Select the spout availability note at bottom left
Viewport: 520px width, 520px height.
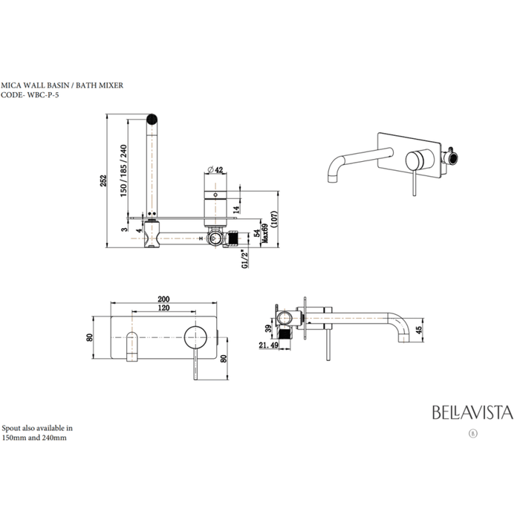(36, 433)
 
